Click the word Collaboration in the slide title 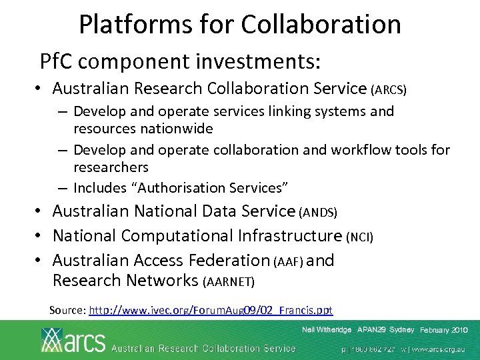point(321,25)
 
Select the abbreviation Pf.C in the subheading point(59,62)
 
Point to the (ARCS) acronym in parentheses point(389,89)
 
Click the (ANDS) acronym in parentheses point(319,213)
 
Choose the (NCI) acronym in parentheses point(361,237)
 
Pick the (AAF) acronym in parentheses point(288,261)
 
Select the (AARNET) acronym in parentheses point(228,282)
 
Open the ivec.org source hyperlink point(211,310)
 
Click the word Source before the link point(67,310)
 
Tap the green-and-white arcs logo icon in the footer point(53,340)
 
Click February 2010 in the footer point(444,331)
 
